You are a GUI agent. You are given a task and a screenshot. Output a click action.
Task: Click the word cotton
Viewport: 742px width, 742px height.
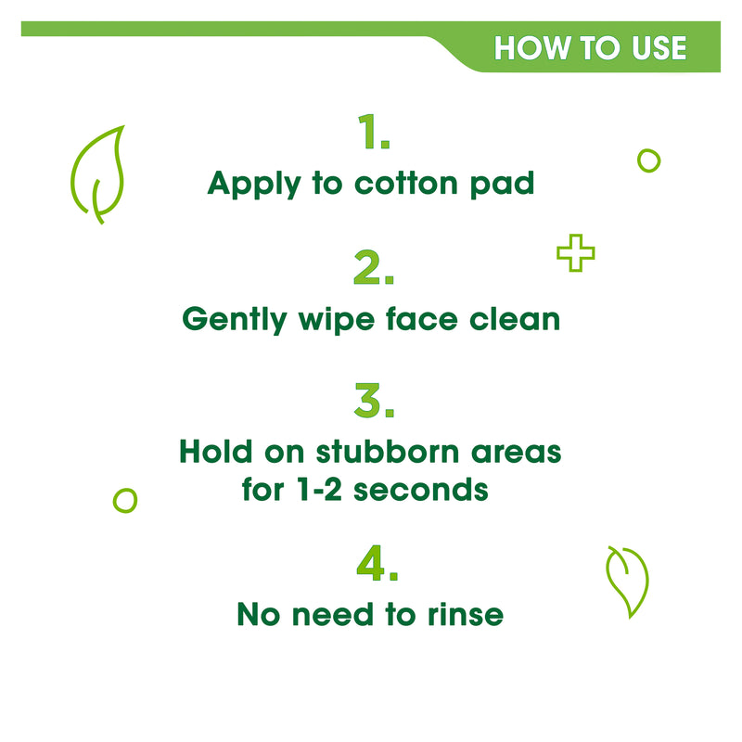click(x=406, y=183)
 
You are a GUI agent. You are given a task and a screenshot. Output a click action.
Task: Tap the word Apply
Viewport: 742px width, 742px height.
click(x=254, y=184)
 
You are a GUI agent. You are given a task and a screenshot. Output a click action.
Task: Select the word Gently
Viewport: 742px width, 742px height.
click(x=235, y=320)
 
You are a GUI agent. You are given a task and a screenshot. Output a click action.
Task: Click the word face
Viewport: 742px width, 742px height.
click(x=422, y=319)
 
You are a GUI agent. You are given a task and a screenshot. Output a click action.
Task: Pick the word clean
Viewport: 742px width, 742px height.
click(x=515, y=319)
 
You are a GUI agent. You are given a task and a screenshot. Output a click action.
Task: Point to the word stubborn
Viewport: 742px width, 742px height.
click(x=388, y=452)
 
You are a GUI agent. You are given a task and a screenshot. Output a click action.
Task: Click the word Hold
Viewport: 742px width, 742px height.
click(x=216, y=452)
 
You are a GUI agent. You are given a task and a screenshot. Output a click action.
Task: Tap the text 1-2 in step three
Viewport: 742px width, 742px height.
click(x=319, y=490)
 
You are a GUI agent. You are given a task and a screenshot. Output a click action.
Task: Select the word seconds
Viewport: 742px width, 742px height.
click(x=421, y=490)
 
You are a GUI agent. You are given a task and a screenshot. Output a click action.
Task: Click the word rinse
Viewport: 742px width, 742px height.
click(x=466, y=614)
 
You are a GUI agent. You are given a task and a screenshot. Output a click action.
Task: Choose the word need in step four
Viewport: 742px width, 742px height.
click(x=333, y=614)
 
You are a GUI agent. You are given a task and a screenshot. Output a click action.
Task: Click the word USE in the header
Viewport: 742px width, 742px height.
click(x=659, y=48)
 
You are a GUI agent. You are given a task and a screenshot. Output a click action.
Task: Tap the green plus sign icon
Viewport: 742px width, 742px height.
click(x=575, y=252)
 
